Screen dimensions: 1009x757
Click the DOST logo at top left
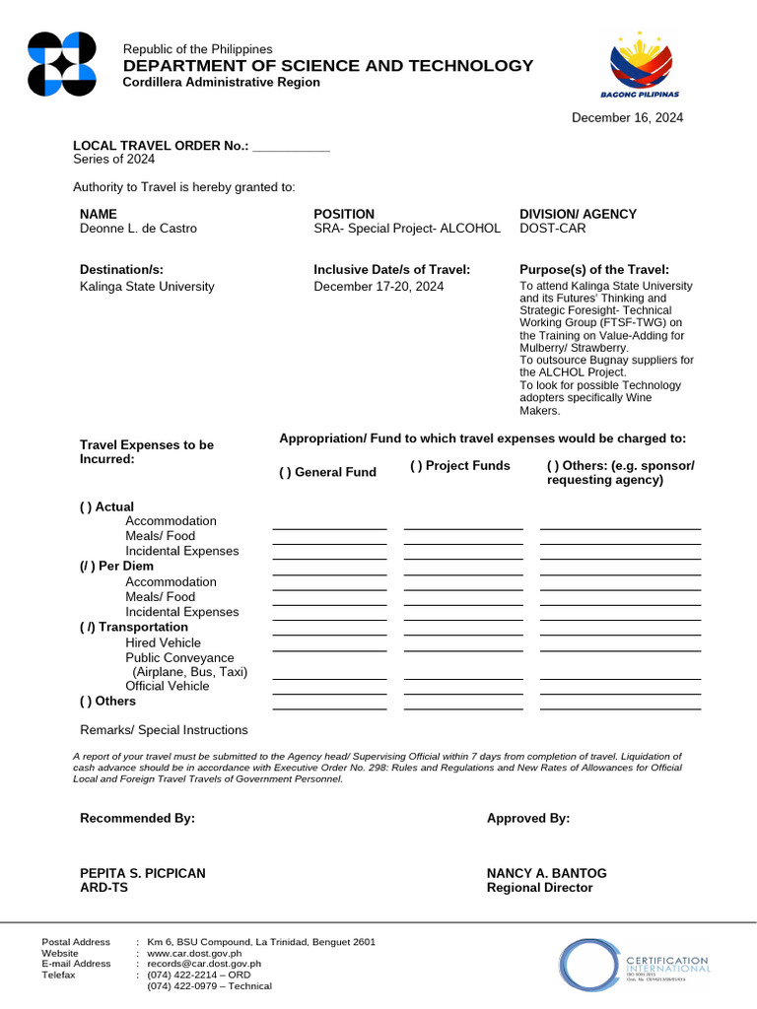[x=62, y=64]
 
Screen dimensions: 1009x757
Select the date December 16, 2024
[x=628, y=117]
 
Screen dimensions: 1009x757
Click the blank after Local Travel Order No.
[x=291, y=147]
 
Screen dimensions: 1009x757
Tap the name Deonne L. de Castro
[x=138, y=229]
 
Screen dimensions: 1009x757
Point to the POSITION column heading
[x=344, y=214]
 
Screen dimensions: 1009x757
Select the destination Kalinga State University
[x=147, y=287]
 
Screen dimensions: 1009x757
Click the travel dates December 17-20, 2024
[x=378, y=287]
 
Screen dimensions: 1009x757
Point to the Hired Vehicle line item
[x=163, y=642]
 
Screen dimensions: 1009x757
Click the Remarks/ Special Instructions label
[x=164, y=730]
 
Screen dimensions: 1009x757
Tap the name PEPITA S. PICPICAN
[x=143, y=873]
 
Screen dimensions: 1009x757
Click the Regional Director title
[x=539, y=888]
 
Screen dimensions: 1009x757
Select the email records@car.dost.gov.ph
[x=204, y=964]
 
